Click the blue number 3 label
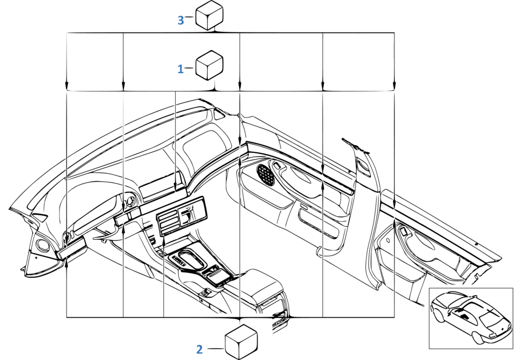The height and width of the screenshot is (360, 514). [181, 21]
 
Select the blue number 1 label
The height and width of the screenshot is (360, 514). [180, 69]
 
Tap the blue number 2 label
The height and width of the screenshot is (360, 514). [200, 349]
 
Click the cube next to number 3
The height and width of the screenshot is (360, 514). [209, 15]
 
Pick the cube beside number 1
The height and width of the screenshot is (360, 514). [209, 65]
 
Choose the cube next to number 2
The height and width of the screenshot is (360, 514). [241, 342]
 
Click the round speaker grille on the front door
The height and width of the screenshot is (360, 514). [266, 175]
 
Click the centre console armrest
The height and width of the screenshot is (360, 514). [254, 282]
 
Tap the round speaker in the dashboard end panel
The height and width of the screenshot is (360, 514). [43, 246]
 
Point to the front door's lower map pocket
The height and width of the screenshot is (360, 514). [319, 223]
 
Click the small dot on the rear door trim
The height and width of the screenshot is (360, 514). [476, 244]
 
